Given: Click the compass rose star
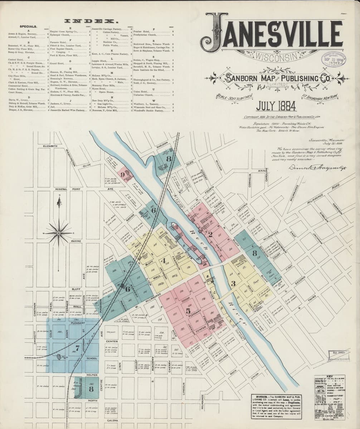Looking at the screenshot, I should [x=59, y=233].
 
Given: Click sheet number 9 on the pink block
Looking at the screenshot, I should [x=123, y=175].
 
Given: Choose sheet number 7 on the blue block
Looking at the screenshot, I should [x=77, y=347].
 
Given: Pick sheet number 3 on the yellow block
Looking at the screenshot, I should [x=233, y=284].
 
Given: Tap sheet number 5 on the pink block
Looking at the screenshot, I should [x=188, y=311].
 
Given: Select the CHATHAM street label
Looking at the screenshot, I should [x=35, y=309].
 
